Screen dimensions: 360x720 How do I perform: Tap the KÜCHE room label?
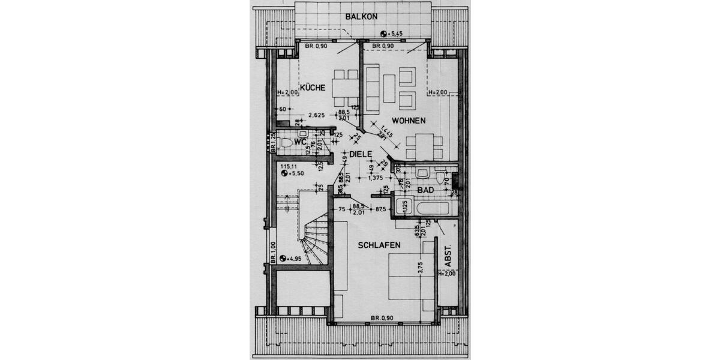click(313, 88)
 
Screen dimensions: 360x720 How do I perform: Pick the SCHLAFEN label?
click(379, 245)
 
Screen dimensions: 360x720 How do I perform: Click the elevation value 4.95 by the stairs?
click(293, 259)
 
